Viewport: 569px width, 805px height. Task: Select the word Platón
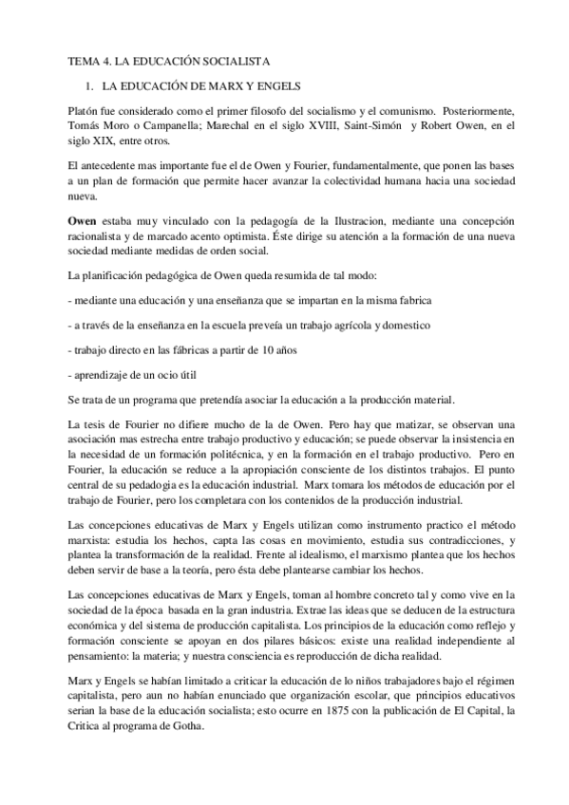coord(83,111)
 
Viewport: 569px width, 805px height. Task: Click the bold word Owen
coord(81,216)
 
